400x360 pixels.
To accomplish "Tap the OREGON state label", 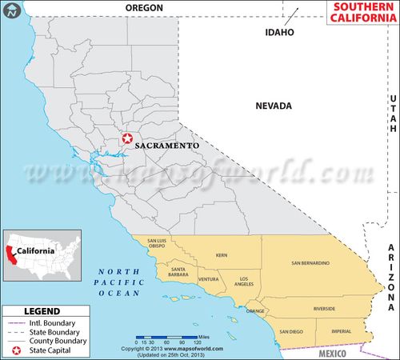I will point(145,7).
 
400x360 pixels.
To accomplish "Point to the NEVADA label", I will point(274,106).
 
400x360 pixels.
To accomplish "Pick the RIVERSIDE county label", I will point(324,308).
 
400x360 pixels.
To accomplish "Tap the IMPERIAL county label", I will point(341,330).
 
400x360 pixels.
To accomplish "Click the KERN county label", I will point(222,256).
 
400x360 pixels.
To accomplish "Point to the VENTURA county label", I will point(208,279).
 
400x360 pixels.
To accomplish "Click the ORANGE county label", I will point(255,310).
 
